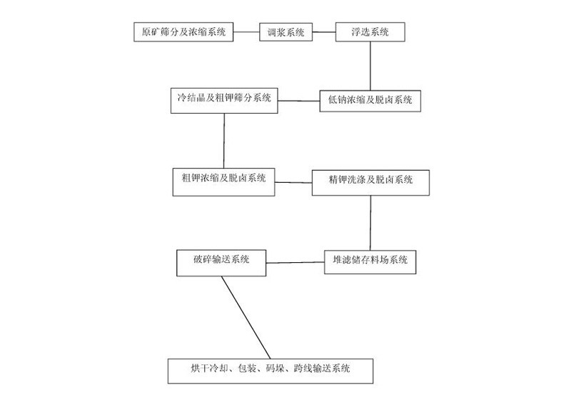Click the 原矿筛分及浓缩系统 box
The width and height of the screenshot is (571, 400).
pyautogui.click(x=183, y=32)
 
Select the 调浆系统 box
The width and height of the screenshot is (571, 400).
pyautogui.click(x=285, y=32)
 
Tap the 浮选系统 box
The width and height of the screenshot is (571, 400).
pyautogui.click(x=370, y=32)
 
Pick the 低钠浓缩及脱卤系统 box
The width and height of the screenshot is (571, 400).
pyautogui.click(x=370, y=100)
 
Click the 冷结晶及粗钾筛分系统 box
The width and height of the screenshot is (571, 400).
pyautogui.click(x=224, y=99)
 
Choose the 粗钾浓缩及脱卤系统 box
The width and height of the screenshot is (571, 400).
pyautogui.click(x=223, y=178)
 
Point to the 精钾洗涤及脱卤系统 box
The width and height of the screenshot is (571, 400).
pyautogui.click(x=370, y=181)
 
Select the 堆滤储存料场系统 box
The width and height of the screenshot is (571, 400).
pyautogui.click(x=370, y=261)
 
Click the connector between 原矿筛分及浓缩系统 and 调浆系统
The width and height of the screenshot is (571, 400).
pyautogui.click(x=246, y=32)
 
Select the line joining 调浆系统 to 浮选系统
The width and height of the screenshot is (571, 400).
pyautogui.click(x=325, y=32)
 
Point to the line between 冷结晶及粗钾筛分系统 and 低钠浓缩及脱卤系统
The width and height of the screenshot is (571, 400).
pyautogui.click(x=299, y=100)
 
